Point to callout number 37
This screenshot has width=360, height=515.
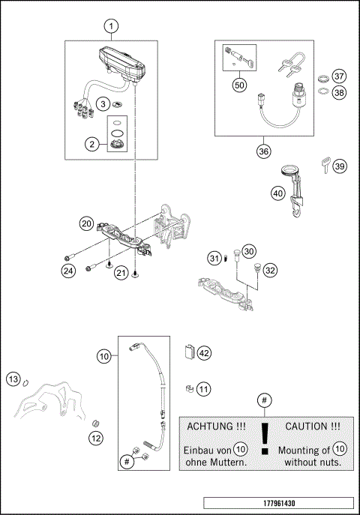(x=339, y=77)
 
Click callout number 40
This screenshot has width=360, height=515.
(x=277, y=193)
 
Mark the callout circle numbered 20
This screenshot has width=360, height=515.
(x=87, y=223)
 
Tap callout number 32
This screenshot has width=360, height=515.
(x=270, y=270)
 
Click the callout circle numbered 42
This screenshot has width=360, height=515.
(x=205, y=353)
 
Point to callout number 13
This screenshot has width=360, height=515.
(x=12, y=379)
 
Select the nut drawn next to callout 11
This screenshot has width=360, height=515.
(x=190, y=388)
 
